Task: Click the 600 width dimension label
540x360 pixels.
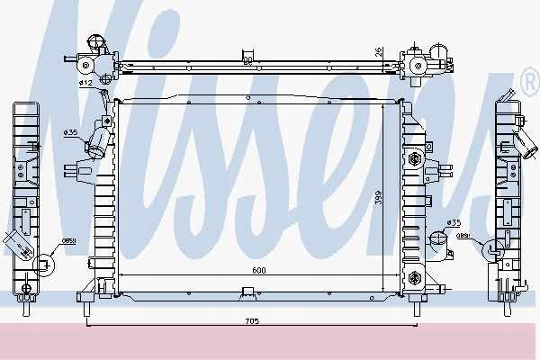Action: (x=257, y=271)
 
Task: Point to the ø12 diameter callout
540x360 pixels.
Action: (x=86, y=83)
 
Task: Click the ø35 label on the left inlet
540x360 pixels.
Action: (x=71, y=133)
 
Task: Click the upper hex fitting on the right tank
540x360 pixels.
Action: (x=415, y=160)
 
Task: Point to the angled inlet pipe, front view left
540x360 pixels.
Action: (x=96, y=143)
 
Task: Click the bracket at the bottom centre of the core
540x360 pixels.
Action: (x=247, y=290)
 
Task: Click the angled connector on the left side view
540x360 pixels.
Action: (x=17, y=241)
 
